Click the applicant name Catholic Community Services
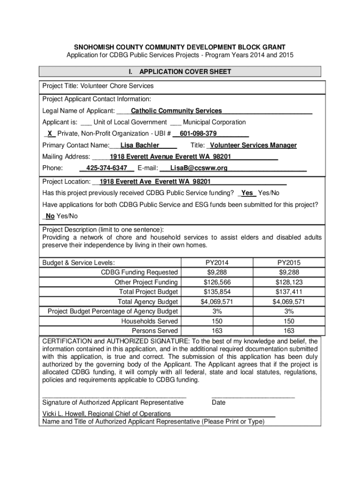click(176, 111)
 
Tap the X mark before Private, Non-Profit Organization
click(50, 134)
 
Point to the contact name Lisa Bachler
click(140, 145)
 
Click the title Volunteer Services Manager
click(254, 145)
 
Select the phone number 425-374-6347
click(107, 168)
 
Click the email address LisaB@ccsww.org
click(199, 168)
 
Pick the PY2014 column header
click(217, 263)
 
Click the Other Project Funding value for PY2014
click(217, 282)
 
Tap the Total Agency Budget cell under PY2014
click(217, 302)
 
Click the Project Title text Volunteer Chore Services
click(117, 86)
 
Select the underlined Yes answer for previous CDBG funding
click(247, 193)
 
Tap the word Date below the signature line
click(218, 402)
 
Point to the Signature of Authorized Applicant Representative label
click(113, 402)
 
